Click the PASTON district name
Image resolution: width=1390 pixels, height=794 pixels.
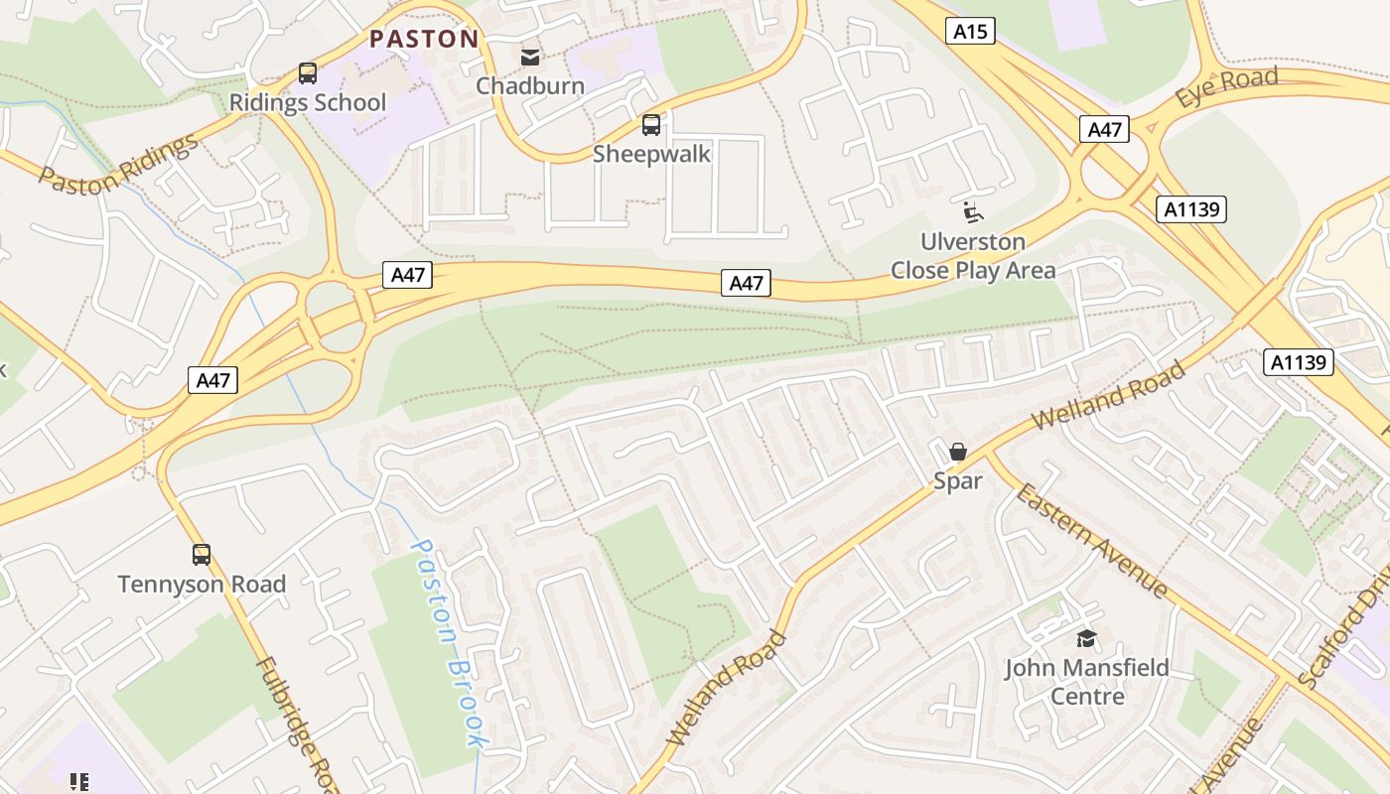click(x=424, y=40)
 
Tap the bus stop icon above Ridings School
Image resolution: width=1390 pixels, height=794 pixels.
click(x=308, y=73)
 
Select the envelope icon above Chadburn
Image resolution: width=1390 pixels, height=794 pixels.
click(x=531, y=57)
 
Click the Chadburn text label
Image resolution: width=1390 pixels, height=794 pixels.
click(x=530, y=86)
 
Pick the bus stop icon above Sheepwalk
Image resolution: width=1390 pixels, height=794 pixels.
click(x=651, y=125)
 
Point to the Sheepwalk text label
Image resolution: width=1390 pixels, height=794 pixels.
click(x=651, y=154)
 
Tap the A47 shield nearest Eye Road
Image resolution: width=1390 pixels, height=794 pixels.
click(x=1104, y=129)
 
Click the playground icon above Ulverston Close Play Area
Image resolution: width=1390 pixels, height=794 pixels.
click(x=973, y=212)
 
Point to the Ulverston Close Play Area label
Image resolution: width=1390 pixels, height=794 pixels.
click(x=973, y=256)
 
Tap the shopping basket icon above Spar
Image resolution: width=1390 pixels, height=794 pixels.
click(x=958, y=453)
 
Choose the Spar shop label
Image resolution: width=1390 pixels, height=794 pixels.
click(x=958, y=481)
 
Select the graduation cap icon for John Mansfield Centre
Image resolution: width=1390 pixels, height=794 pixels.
click(x=1087, y=638)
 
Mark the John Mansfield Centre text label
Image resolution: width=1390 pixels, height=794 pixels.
click(x=1087, y=681)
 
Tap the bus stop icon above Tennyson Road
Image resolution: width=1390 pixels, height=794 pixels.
click(x=202, y=555)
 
